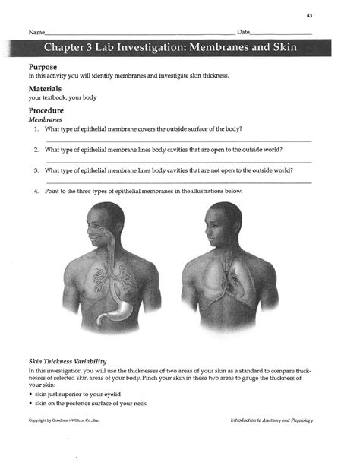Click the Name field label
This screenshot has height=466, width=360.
(x=36, y=33)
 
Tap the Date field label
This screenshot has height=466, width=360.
(x=243, y=33)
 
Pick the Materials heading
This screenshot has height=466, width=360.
(x=49, y=89)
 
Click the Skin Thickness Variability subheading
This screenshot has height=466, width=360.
(x=67, y=360)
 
